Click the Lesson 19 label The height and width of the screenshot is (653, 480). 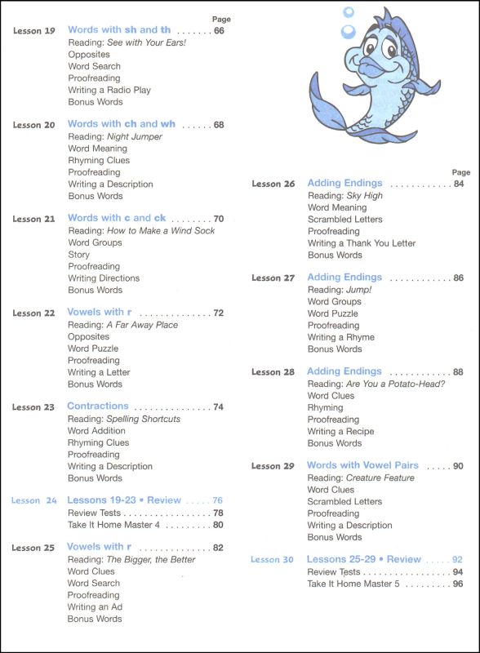34,31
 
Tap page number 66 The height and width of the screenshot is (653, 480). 219,31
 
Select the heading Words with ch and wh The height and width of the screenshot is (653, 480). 122,124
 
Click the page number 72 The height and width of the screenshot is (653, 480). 218,313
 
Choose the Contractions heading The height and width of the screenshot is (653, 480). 98,406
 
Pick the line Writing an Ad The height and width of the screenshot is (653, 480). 96,607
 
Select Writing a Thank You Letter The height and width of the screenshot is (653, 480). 361,243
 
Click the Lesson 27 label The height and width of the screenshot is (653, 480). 273,278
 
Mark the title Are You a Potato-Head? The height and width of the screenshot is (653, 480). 395,384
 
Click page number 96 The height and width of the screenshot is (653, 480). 458,584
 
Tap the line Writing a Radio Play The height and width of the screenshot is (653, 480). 109,90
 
